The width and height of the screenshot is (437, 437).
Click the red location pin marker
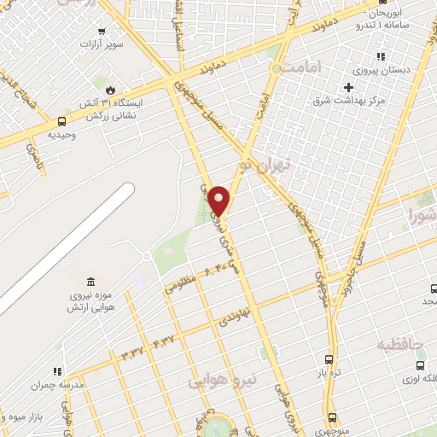point(219,201)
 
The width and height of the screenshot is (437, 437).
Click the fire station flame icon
point(109,89)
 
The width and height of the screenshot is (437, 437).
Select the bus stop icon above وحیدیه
point(61,122)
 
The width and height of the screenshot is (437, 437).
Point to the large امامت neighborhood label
point(306,66)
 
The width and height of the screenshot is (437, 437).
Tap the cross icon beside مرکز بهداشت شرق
point(348,87)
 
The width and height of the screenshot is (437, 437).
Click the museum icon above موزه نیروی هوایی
point(90,283)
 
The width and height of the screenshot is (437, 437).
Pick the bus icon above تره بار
point(329,359)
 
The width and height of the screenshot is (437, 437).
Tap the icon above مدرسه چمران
point(57,372)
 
